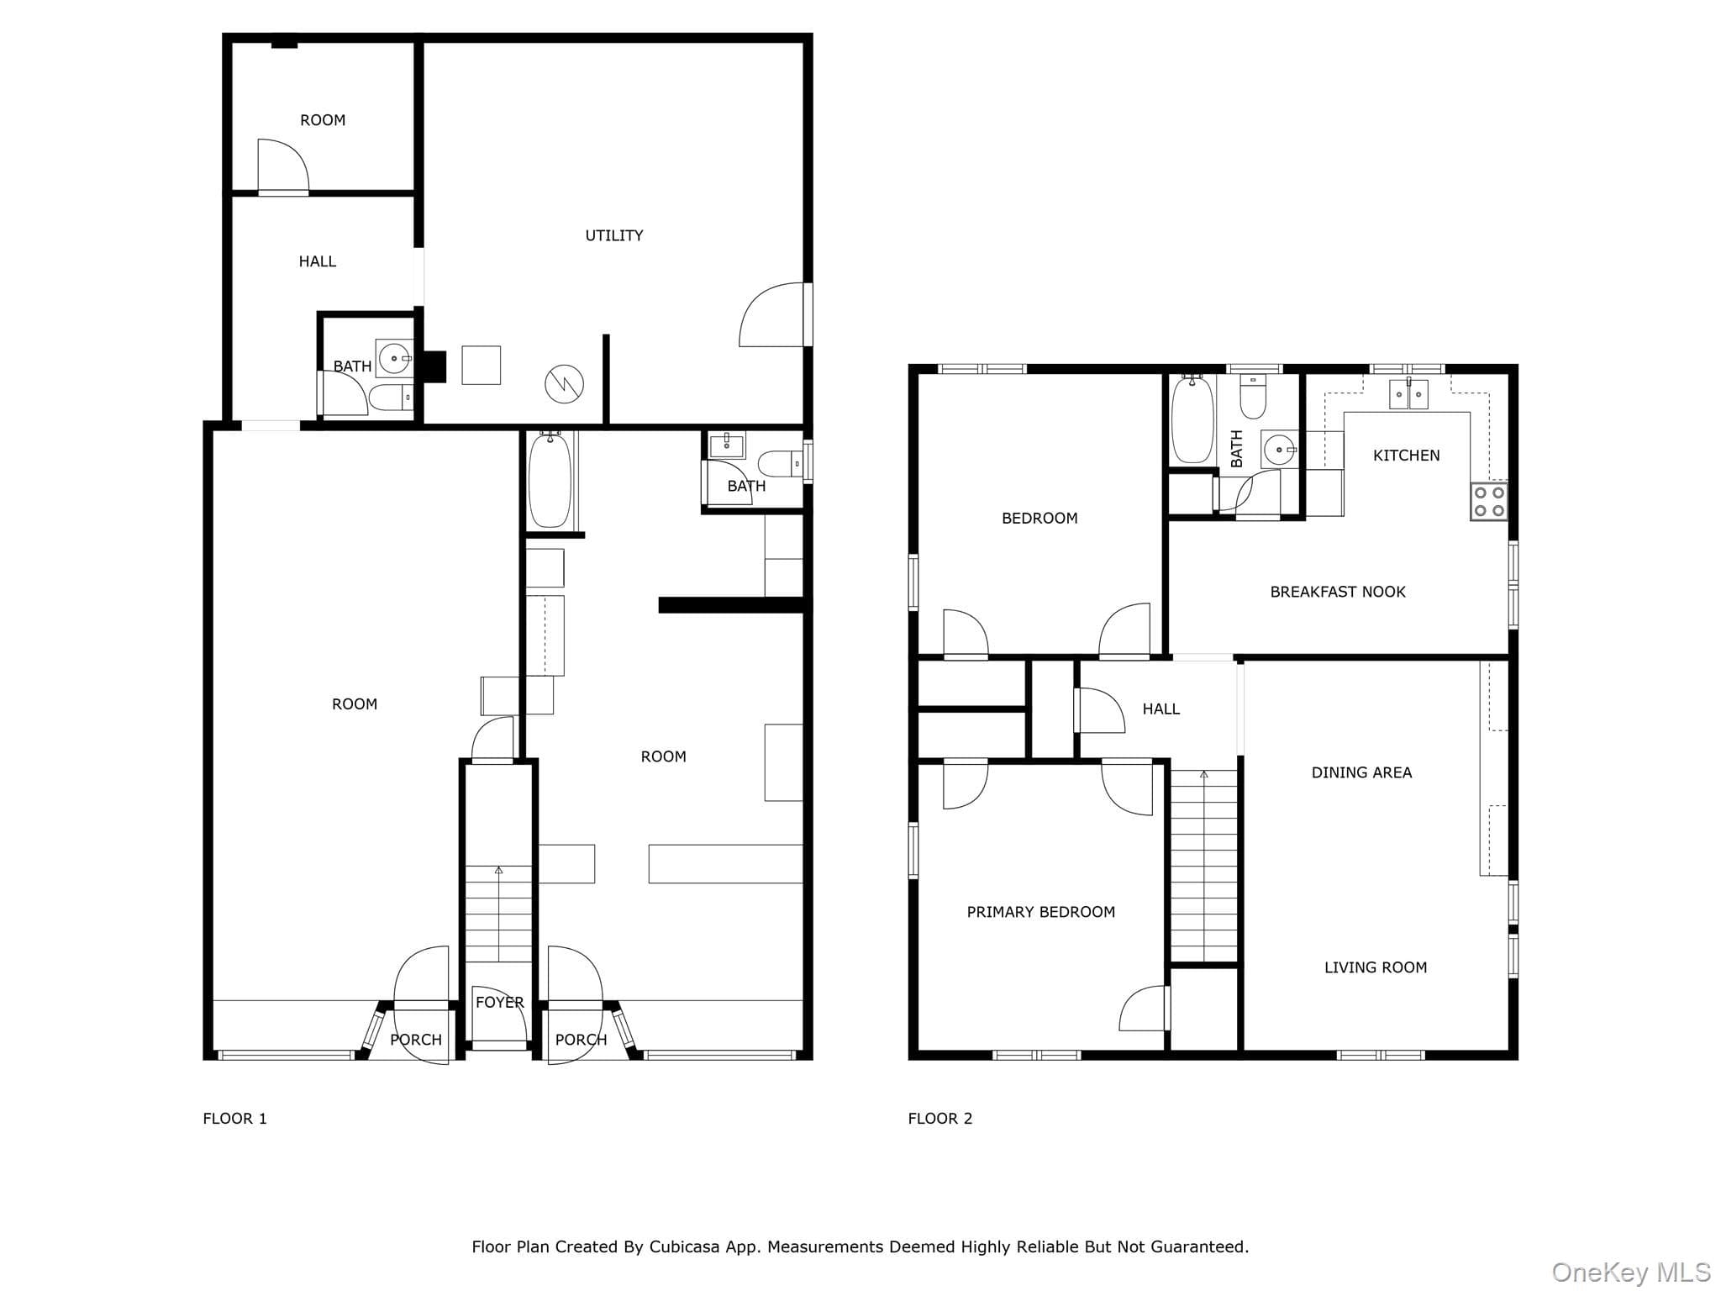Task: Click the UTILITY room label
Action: click(x=614, y=236)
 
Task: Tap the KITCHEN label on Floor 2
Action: click(x=1406, y=456)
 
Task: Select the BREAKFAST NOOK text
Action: click(x=1338, y=592)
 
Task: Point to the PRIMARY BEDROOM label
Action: click(x=1040, y=912)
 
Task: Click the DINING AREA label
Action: click(x=1361, y=772)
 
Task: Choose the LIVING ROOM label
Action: click(x=1376, y=967)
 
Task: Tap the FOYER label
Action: click(x=499, y=1002)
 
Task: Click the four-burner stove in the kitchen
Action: click(x=1488, y=501)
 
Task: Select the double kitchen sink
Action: click(x=1408, y=393)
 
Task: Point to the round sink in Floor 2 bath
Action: click(x=1279, y=451)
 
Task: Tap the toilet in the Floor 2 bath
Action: click(x=1253, y=396)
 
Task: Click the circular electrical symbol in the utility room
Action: click(x=564, y=384)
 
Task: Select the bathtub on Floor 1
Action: click(x=550, y=480)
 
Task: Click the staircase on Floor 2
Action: click(x=1204, y=865)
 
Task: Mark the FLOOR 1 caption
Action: click(x=234, y=1119)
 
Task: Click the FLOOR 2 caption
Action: click(x=939, y=1119)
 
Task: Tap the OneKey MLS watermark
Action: click(x=1630, y=1273)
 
